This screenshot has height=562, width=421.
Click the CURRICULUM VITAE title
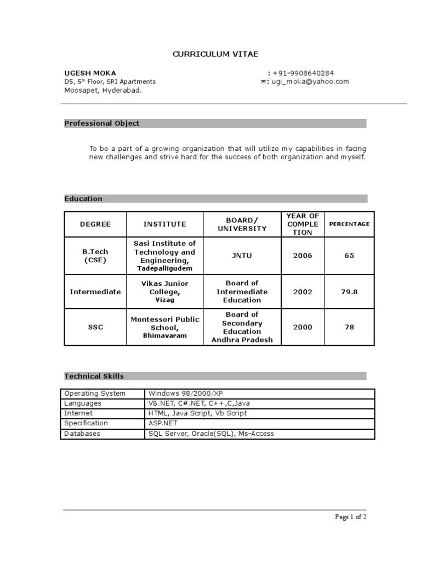point(215,54)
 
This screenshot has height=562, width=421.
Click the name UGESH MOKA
point(90,73)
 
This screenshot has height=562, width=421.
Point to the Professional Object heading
point(102,123)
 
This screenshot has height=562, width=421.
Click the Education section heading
point(83,199)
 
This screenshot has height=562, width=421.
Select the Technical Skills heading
point(94,376)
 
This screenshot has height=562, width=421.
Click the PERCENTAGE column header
point(349,224)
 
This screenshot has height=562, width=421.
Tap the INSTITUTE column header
point(165,224)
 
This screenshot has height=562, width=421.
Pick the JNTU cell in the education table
point(242,256)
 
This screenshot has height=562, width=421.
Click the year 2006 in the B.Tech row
point(303,256)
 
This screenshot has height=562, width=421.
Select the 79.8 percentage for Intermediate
point(349,292)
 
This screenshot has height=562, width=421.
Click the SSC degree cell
point(95,327)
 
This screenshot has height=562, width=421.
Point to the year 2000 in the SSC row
point(303,327)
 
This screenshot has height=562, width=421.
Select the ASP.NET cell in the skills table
point(163,424)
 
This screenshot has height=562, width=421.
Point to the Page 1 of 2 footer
point(351,516)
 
